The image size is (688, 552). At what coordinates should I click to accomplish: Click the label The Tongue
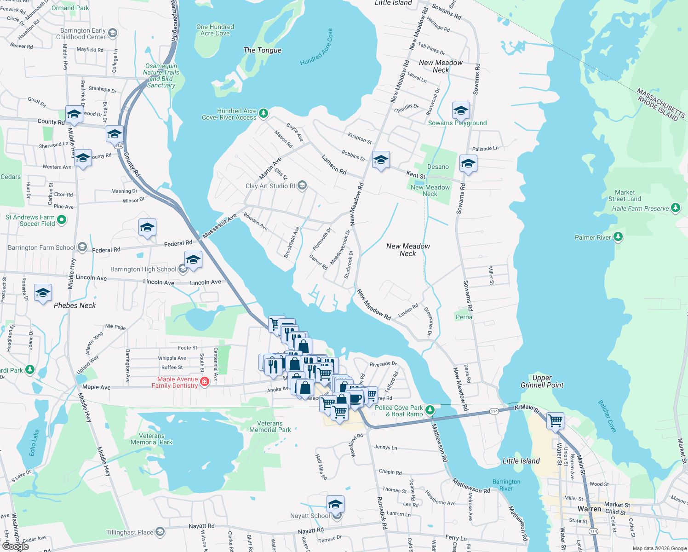point(262,50)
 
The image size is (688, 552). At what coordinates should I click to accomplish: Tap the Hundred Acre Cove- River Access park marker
point(263,113)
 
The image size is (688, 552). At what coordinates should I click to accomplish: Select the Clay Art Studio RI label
point(270,186)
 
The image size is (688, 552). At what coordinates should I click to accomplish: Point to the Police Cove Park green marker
point(430,409)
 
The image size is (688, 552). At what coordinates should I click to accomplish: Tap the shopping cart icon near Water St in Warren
point(556,420)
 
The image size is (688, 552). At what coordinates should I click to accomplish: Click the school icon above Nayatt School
point(335,504)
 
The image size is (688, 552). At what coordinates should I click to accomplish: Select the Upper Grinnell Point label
point(542,381)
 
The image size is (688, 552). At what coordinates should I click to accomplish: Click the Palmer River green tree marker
point(618,237)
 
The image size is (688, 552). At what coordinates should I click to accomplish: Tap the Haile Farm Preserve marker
point(675,208)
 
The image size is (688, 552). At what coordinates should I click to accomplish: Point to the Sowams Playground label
point(457,123)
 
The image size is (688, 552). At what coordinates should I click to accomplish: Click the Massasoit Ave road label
point(219,226)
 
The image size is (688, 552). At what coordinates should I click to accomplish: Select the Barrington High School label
point(143,269)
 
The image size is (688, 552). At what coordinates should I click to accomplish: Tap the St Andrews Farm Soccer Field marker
point(62,220)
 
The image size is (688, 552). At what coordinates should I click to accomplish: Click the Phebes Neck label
point(75,305)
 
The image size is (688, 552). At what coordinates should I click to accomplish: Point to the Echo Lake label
point(34,443)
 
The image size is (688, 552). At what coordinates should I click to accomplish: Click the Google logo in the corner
point(15,546)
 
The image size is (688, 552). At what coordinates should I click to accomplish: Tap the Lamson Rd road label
point(334,165)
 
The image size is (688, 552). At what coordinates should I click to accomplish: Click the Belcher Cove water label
point(607,416)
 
